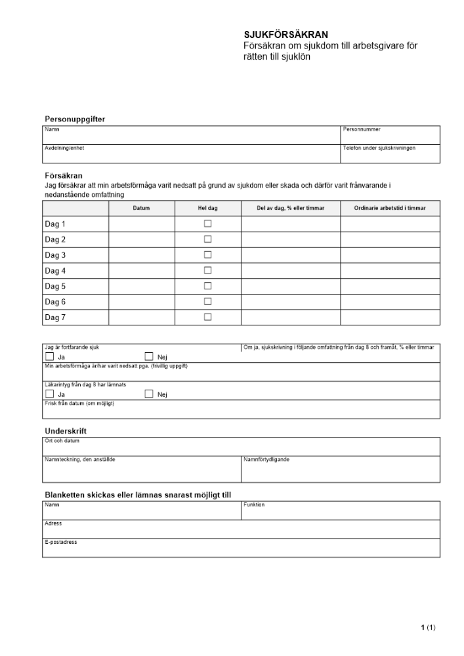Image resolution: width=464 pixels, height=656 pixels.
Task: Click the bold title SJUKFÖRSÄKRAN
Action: click(x=285, y=35)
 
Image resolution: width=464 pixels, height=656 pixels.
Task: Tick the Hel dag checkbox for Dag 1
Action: click(x=207, y=224)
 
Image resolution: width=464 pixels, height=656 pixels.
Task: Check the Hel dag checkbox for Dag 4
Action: click(x=207, y=270)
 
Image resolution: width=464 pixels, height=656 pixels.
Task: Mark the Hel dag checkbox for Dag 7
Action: click(x=207, y=317)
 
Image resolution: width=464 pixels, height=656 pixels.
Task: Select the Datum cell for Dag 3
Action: click(x=141, y=255)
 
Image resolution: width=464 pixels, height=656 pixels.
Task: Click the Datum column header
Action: click(x=141, y=208)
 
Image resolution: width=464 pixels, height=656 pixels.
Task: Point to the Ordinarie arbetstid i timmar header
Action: click(x=390, y=208)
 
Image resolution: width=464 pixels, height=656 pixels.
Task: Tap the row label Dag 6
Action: click(x=55, y=302)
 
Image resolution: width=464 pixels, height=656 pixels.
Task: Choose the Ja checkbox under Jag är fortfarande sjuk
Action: click(x=49, y=356)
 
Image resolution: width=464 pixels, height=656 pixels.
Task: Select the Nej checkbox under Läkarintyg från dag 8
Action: click(x=148, y=394)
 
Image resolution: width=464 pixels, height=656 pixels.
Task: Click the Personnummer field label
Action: click(x=362, y=130)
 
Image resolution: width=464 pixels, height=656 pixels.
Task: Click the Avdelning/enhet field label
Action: click(x=64, y=148)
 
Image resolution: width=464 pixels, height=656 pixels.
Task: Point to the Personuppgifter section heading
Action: click(x=75, y=119)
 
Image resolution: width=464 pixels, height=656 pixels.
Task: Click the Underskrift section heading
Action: click(x=66, y=431)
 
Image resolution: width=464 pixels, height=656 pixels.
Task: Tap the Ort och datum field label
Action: click(x=62, y=441)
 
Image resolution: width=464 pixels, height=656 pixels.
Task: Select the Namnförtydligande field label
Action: click(x=266, y=459)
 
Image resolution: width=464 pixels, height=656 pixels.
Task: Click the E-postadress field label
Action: click(x=61, y=543)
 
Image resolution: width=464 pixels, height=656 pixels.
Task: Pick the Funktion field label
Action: click(x=254, y=505)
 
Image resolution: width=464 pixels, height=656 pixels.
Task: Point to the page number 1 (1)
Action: click(x=428, y=628)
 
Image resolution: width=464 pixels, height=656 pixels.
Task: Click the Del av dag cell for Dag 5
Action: click(x=290, y=287)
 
